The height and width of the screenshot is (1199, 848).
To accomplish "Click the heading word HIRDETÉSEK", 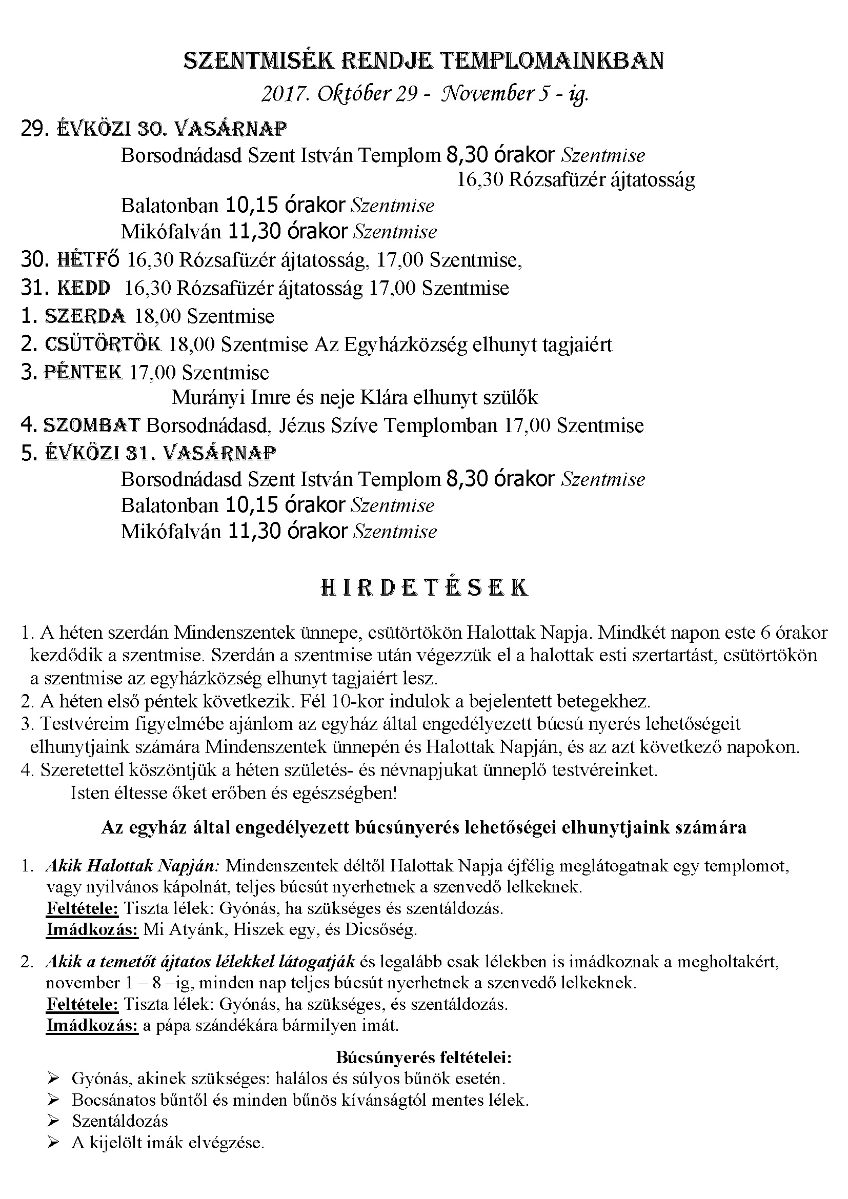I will (423, 587).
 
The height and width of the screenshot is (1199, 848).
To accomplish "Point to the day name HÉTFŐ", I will (88, 259).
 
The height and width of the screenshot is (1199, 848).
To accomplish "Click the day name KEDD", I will (84, 288).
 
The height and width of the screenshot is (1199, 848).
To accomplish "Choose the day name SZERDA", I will (85, 316).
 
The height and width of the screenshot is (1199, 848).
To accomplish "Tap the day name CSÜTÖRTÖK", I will (103, 344).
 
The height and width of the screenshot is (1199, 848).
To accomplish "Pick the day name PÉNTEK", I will (84, 372).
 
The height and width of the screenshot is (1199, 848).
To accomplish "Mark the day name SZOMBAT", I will (91, 425).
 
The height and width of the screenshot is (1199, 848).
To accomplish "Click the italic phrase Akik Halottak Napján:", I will (133, 866).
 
